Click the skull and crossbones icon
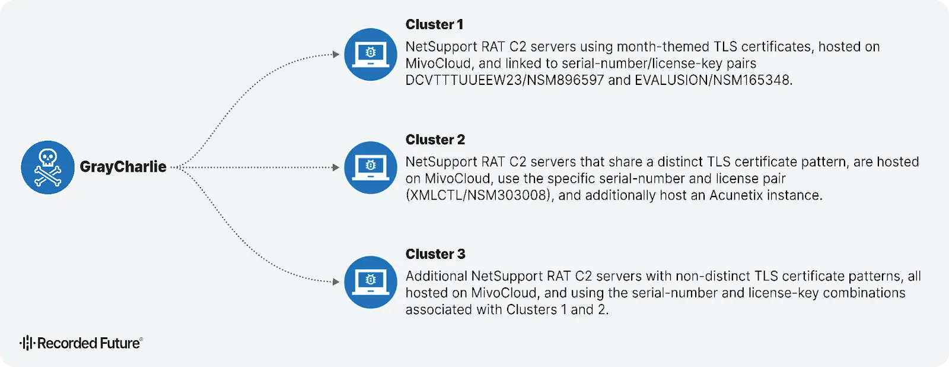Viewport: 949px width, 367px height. click(x=47, y=167)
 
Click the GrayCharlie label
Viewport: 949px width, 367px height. click(x=123, y=167)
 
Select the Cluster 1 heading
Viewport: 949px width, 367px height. click(x=434, y=24)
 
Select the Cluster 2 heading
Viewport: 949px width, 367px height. click(x=435, y=140)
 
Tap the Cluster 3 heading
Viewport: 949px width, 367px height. click(x=435, y=254)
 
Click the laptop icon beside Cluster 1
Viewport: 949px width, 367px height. click(x=371, y=54)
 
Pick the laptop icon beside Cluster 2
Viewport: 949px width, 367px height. click(x=371, y=167)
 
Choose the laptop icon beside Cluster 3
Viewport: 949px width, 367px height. click(x=371, y=282)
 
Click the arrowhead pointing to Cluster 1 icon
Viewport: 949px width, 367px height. click(x=336, y=54)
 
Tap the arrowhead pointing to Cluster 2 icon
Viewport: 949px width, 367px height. click(x=336, y=167)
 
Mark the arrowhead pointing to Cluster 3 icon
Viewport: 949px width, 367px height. click(x=336, y=281)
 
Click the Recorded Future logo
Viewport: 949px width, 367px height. click(x=81, y=343)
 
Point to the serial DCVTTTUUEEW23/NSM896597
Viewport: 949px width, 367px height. click(x=504, y=80)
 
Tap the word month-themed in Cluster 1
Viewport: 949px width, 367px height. click(x=663, y=47)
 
